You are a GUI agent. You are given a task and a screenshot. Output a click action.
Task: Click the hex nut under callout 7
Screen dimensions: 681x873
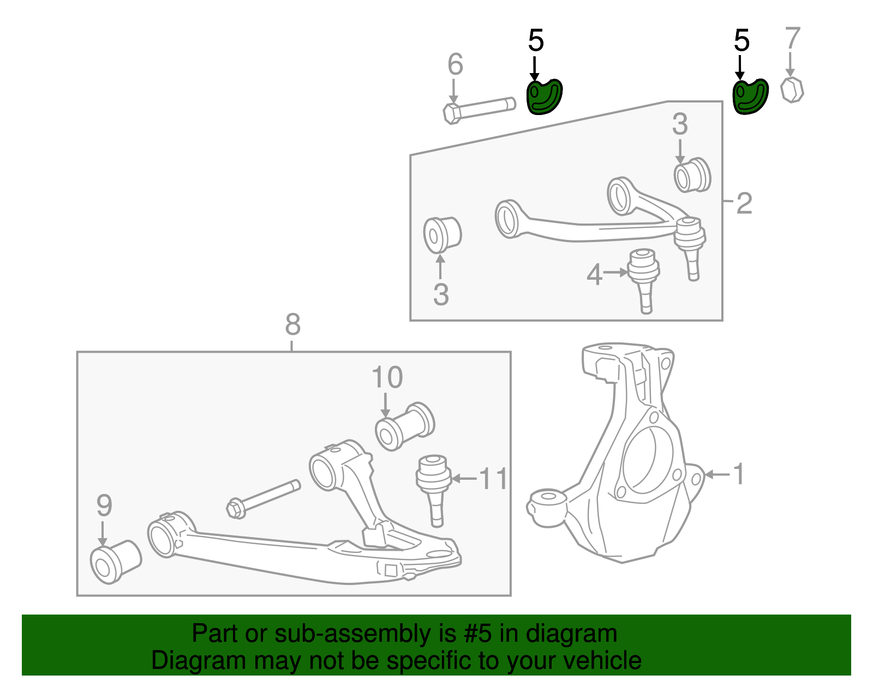coord(792,90)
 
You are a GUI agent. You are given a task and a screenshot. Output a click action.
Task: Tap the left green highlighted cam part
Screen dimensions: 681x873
coord(543,97)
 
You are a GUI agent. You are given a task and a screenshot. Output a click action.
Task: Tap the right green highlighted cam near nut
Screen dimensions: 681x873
coord(750,97)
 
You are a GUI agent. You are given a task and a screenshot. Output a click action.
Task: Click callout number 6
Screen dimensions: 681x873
coord(455,64)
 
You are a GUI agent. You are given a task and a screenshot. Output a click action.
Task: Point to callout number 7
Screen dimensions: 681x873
coord(792,39)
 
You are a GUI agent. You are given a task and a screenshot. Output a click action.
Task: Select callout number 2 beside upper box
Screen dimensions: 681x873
coord(744,203)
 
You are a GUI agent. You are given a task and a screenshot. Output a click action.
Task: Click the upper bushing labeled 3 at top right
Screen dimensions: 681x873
coord(692,175)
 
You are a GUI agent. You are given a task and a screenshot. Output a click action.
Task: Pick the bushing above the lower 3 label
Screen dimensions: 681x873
coord(442,234)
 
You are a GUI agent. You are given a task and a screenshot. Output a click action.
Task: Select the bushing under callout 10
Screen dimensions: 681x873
coord(404,426)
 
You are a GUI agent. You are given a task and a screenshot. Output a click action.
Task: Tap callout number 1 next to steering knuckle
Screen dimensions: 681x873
coord(739,474)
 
